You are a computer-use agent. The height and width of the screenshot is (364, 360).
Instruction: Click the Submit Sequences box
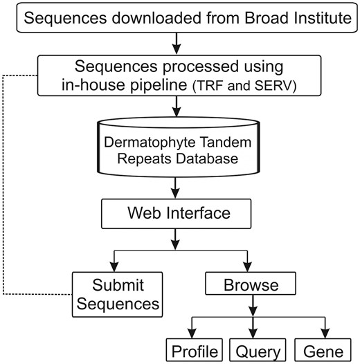tap(116, 293)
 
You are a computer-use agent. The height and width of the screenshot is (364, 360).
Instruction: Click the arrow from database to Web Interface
tap(179, 188)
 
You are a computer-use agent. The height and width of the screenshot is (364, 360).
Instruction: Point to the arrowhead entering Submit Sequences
tap(116, 266)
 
